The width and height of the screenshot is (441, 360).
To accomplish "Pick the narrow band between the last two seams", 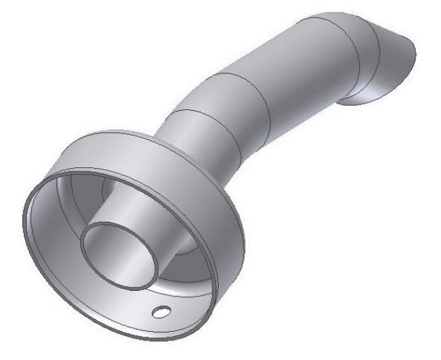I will click(x=360, y=42).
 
